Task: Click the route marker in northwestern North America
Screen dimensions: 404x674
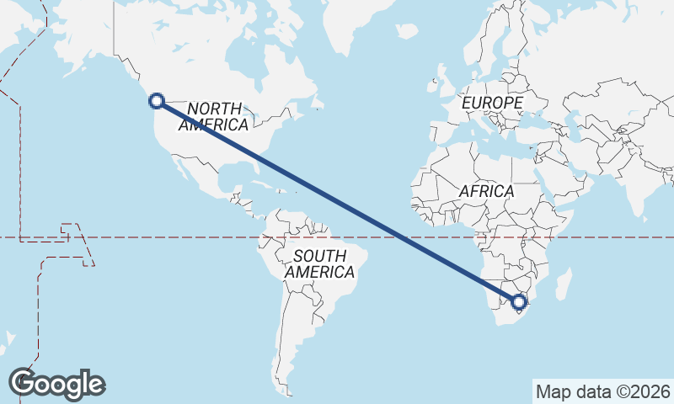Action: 156,101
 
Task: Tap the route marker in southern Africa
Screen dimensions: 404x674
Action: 519,301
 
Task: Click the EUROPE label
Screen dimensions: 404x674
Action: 493,103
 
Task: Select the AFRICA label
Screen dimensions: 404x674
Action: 486,192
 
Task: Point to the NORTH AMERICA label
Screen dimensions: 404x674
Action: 214,117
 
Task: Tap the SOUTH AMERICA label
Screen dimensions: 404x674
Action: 319,264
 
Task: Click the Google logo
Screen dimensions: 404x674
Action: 56,384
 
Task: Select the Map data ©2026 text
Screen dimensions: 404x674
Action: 602,391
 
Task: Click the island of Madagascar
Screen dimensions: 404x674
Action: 563,284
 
